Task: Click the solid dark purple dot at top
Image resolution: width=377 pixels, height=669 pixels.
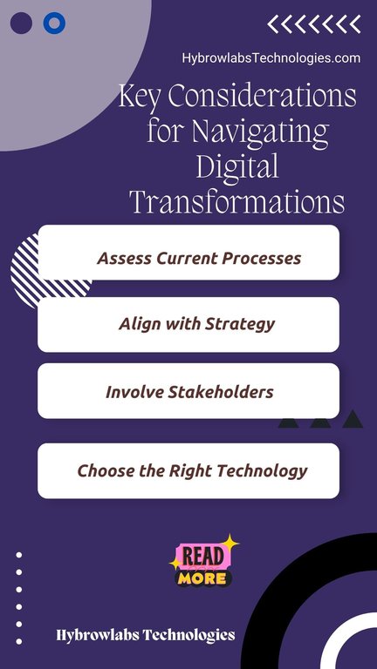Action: (21, 23)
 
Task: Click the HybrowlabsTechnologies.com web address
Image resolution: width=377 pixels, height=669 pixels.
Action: (271, 58)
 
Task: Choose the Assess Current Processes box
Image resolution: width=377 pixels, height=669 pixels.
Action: (188, 253)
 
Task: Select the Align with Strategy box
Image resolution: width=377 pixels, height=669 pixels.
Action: (188, 325)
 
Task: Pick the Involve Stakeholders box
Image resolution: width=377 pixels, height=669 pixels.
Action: (188, 391)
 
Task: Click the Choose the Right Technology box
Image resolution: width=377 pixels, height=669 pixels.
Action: (188, 470)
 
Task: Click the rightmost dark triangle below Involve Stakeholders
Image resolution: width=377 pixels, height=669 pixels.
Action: (353, 419)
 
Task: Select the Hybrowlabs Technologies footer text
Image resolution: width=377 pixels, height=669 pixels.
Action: (146, 635)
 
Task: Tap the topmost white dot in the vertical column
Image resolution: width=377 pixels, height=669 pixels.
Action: (19, 555)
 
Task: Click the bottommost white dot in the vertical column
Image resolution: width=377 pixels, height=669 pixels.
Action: (19, 641)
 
